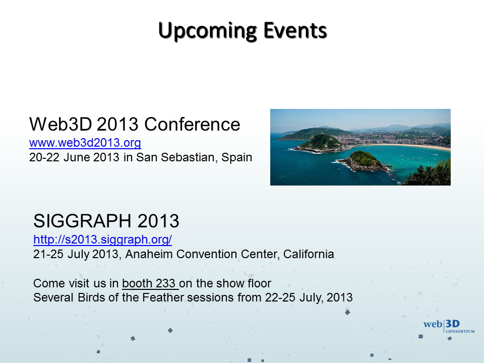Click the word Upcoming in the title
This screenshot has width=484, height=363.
pyautogui.click(x=207, y=31)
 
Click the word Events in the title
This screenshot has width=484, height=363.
pyautogui.click(x=295, y=31)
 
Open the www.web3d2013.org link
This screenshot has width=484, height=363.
pyautogui.click(x=85, y=143)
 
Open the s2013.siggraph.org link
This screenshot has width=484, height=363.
pyautogui.click(x=102, y=239)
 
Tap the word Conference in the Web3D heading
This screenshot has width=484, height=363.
pyautogui.click(x=192, y=125)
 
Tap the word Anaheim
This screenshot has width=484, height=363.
pyautogui.click(x=149, y=254)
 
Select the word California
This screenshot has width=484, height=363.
pyautogui.click(x=309, y=254)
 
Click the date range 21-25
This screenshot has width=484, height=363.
pyautogui.click(x=48, y=254)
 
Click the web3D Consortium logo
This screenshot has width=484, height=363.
pyautogui.click(x=449, y=326)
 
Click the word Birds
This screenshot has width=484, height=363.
pyautogui.click(x=91, y=297)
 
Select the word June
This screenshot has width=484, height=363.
pyautogui.click(x=77, y=157)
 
